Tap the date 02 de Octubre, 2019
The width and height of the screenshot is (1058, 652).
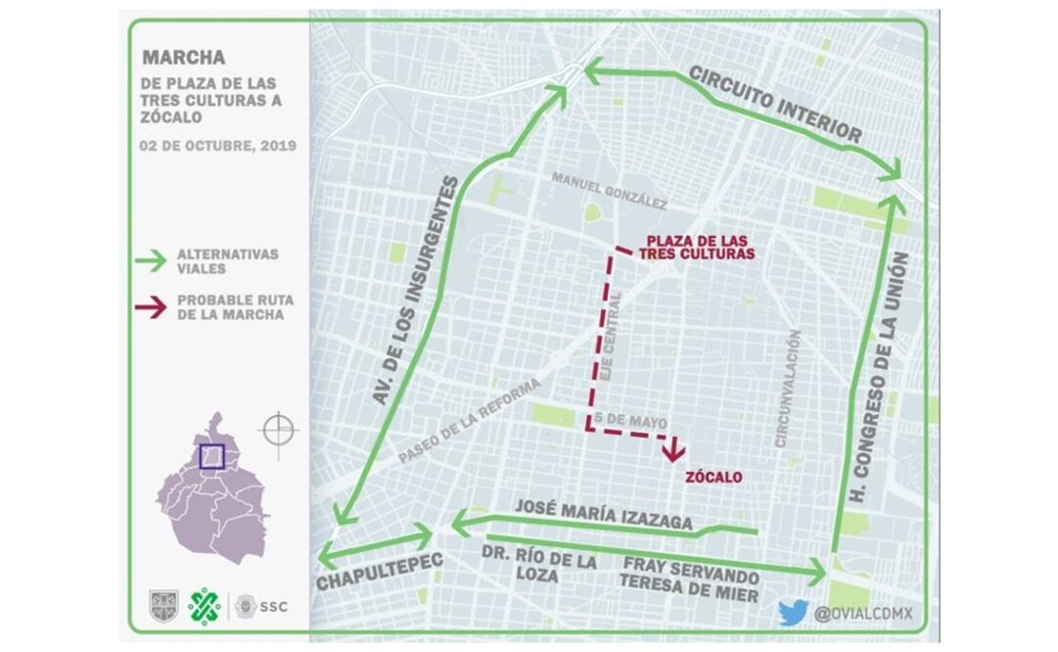(218, 146)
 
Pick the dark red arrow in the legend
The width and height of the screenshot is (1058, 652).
(149, 306)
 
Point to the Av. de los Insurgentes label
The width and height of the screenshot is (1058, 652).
(417, 291)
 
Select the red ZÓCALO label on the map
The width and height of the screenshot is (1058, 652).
(713, 477)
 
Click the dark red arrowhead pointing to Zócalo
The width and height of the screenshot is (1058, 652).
(672, 451)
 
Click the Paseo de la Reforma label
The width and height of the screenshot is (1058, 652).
(470, 422)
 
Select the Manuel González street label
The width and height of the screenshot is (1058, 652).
(609, 191)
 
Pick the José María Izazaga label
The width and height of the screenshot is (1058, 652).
(603, 514)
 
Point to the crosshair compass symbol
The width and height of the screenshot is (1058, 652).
(278, 430)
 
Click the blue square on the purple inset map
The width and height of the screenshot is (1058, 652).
(211, 456)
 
